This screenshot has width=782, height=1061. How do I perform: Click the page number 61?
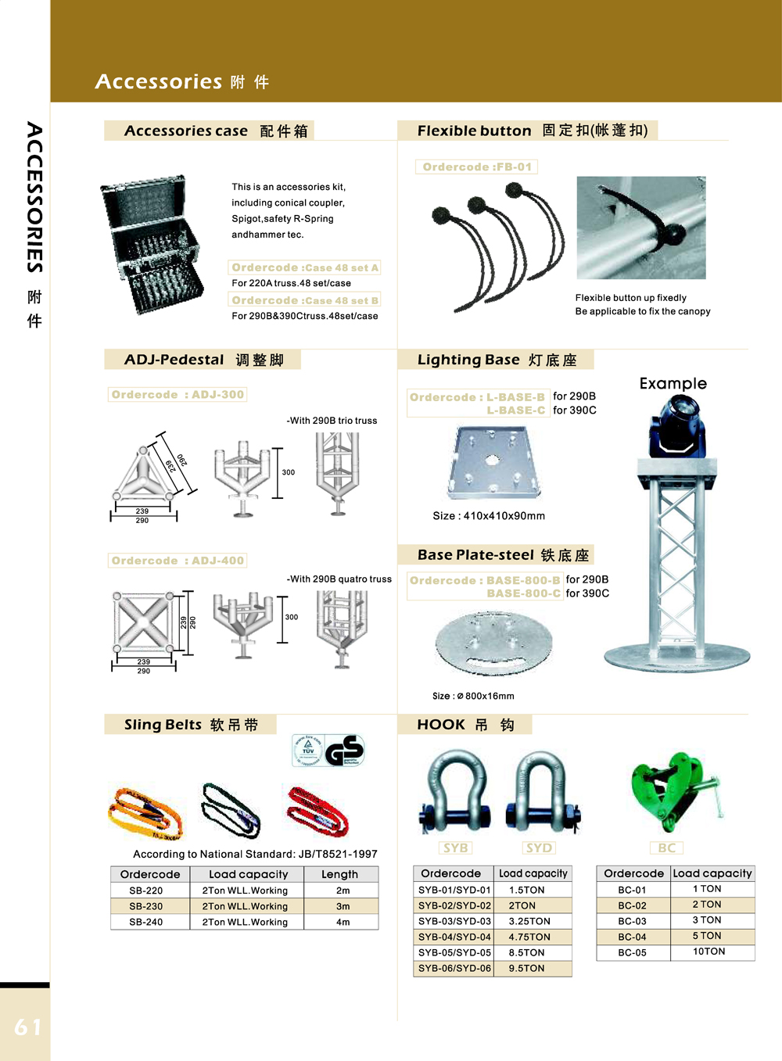point(28,1027)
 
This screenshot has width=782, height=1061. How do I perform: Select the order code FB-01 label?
point(476,167)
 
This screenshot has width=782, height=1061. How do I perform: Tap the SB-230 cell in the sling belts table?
point(146,906)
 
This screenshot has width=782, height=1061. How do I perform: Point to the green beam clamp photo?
point(676,791)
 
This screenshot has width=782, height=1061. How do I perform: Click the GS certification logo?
point(344,751)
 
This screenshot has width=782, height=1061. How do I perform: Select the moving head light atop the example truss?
point(677,427)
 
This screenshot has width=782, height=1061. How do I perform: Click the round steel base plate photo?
point(493,643)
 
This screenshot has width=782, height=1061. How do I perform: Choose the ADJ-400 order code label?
point(178,561)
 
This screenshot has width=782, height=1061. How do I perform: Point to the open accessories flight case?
point(152,245)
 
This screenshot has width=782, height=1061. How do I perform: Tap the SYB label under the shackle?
point(455,848)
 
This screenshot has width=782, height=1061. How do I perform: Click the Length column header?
point(339,874)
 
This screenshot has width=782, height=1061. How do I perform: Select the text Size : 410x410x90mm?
point(489,516)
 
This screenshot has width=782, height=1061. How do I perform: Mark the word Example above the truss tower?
point(673,383)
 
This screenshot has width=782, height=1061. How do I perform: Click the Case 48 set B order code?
point(305,300)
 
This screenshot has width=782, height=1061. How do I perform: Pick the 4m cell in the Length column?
point(343,922)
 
